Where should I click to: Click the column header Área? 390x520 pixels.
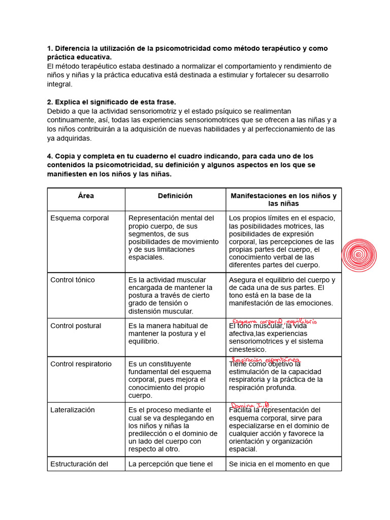pyautogui.click(x=86, y=196)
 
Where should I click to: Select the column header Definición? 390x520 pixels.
pyautogui.click(x=175, y=196)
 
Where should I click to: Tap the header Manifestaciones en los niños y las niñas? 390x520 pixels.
pyautogui.click(x=283, y=200)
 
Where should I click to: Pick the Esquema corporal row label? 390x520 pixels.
pyautogui.click(x=80, y=218)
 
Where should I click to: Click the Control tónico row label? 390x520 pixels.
pyautogui.click(x=73, y=280)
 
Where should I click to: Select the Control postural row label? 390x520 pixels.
pyautogui.click(x=76, y=326)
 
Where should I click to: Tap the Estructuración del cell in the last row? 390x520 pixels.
pyautogui.click(x=79, y=464)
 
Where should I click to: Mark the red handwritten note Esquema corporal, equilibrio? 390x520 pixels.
pyautogui.click(x=274, y=321)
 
